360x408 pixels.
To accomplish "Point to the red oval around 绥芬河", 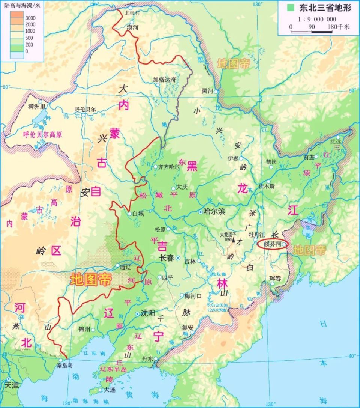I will click(273, 244).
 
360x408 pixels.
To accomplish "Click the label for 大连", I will click(110, 390).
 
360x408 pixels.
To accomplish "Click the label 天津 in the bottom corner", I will click(11, 385).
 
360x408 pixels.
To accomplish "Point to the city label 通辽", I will click(124, 267).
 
